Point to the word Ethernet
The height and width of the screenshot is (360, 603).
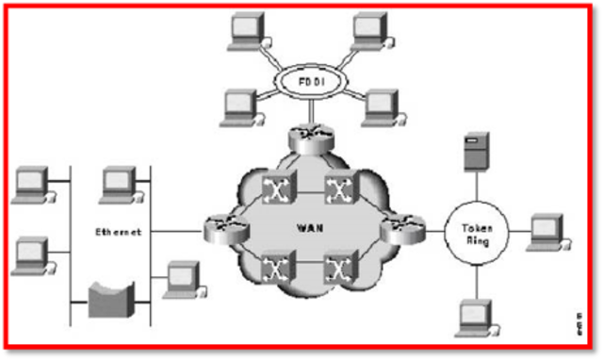click(x=118, y=231)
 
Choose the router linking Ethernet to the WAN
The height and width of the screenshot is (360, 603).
click(x=219, y=227)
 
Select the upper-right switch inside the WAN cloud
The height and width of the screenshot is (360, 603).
click(x=336, y=188)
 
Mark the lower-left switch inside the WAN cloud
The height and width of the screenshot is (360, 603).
click(x=275, y=269)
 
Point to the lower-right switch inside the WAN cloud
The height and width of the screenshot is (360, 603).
click(x=336, y=269)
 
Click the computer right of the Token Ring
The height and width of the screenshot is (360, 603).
click(x=546, y=231)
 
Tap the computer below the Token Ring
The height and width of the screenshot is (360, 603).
click(x=474, y=317)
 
